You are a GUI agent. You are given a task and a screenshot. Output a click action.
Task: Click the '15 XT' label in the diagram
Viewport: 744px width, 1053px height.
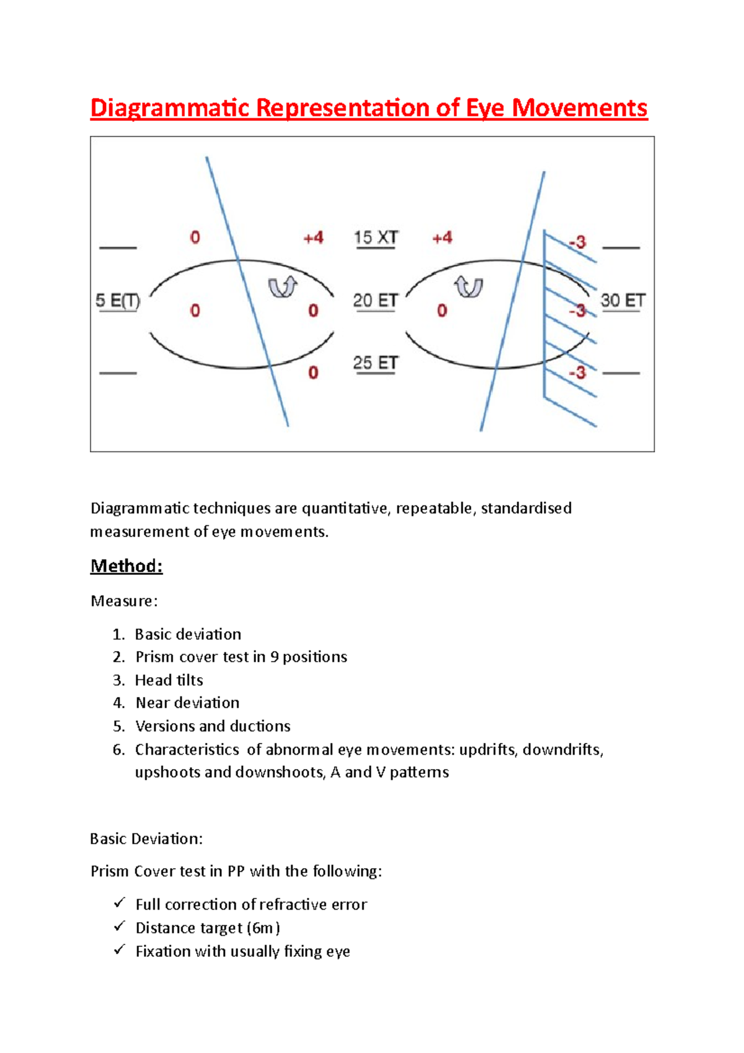pos(376,238)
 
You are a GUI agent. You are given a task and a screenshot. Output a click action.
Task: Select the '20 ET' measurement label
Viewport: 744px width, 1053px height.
pos(375,301)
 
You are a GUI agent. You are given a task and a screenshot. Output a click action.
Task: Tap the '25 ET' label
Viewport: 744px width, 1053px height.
pos(375,363)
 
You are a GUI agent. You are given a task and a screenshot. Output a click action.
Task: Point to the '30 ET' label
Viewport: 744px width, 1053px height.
pos(622,301)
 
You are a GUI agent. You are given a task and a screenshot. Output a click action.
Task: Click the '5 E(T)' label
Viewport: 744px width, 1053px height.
pos(118,301)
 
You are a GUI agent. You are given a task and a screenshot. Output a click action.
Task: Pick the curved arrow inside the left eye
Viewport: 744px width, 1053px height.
pos(283,287)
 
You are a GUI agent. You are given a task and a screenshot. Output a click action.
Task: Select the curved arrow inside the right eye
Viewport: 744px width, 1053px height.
pos(469,287)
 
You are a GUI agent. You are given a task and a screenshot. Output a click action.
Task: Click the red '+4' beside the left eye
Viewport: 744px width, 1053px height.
pos(313,238)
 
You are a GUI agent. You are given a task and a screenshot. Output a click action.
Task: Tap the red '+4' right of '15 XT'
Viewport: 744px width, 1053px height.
pos(442,238)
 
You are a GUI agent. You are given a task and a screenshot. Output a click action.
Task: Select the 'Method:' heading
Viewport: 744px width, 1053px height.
pos(126,566)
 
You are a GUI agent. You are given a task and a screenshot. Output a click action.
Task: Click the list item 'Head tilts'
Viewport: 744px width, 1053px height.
pos(169,680)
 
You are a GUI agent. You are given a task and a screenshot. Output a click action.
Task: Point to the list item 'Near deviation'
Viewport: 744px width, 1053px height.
pos(187,703)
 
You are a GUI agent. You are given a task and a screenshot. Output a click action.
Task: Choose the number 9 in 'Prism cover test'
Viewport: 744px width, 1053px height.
pos(274,657)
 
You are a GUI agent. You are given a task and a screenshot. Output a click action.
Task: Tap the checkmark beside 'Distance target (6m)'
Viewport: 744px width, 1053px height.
pos(120,926)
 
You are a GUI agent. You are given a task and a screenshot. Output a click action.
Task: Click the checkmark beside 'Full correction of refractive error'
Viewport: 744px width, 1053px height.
pos(120,903)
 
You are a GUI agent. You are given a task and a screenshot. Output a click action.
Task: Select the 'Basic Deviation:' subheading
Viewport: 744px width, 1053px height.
pos(146,838)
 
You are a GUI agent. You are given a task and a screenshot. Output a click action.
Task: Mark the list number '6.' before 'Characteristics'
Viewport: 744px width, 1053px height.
pos(119,749)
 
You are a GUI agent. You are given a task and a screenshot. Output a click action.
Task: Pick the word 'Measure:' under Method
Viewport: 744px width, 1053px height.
pos(124,601)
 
